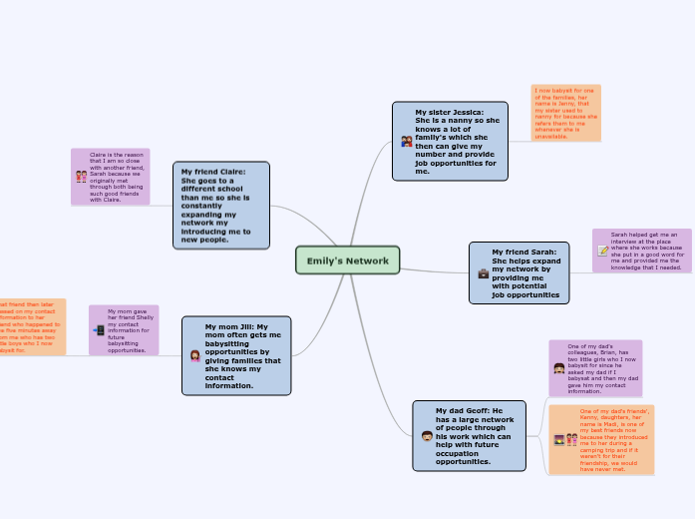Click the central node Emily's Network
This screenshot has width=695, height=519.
[347, 260]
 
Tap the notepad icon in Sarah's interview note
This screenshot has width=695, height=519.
[602, 252]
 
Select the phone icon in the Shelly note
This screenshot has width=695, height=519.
[99, 330]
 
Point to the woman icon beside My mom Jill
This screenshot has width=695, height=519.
[194, 355]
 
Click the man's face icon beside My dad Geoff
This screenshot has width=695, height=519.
[426, 437]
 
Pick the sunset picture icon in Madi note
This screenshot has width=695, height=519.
[559, 440]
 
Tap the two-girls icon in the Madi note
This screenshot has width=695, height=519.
[571, 440]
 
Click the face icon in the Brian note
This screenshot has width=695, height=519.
[558, 368]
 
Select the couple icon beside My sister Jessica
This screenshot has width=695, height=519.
[406, 142]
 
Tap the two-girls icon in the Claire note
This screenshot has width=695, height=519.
[81, 177]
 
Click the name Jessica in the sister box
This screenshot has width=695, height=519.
[465, 112]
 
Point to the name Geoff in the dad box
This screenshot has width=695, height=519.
[481, 410]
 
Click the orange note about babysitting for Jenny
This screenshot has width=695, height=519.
[565, 113]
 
